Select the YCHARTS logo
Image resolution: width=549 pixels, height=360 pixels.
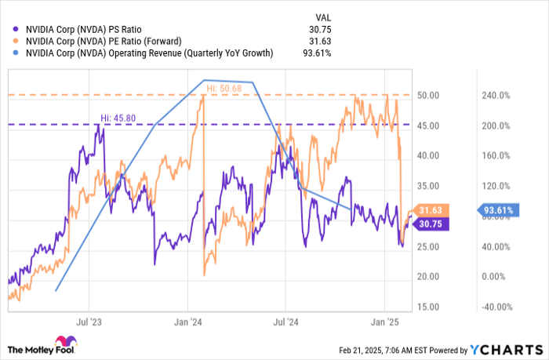(502, 348)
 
